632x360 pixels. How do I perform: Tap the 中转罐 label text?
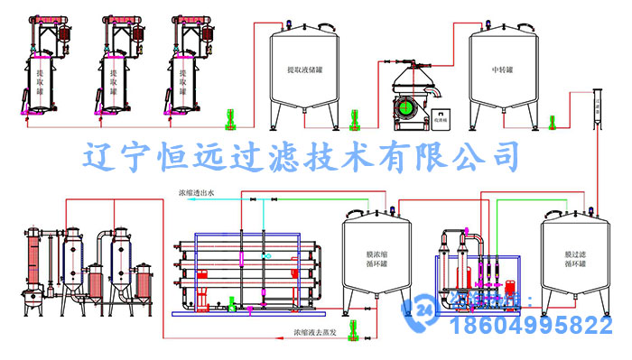pos(502,69)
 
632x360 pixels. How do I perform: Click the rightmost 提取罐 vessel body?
pos(183,83)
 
